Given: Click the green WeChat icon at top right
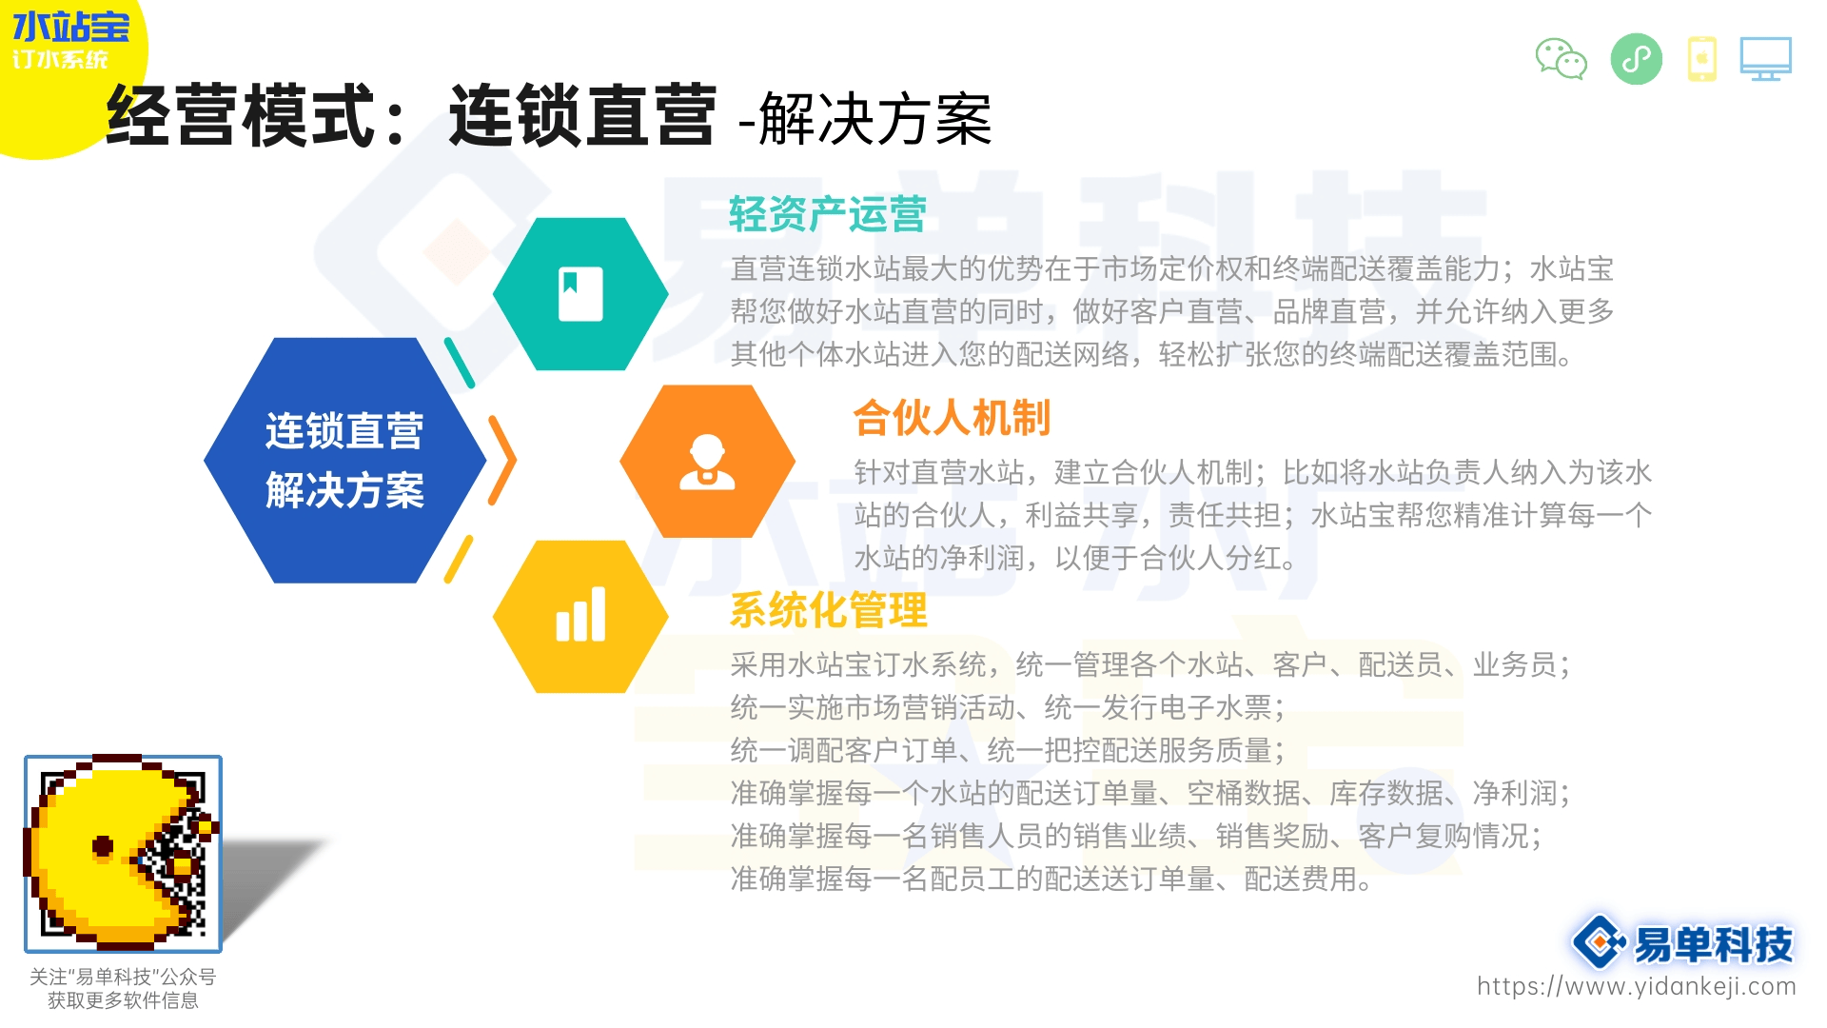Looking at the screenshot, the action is point(1562,59).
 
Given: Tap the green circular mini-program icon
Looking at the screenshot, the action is point(1637,59).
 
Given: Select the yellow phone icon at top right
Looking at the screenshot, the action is point(1701,59).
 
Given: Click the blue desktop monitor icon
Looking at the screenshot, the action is point(1766,59).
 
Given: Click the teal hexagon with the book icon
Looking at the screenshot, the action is point(580,294).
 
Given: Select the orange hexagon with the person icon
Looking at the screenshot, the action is point(707,462).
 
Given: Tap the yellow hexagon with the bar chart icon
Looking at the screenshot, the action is point(580,617).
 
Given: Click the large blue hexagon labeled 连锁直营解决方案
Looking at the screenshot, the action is point(345,461).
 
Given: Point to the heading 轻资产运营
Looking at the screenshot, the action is point(828,214).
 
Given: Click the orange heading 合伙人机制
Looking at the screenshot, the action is point(952,418).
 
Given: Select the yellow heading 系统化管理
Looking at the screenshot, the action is point(828,610).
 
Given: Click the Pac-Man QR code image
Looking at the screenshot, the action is point(123,854).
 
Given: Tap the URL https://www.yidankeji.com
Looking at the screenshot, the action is point(1637,986).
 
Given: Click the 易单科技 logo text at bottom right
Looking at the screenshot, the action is point(1713,944).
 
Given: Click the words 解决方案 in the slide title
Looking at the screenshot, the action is point(875,120).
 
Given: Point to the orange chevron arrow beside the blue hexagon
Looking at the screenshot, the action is point(502,461).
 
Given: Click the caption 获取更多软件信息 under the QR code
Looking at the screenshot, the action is point(123,1000).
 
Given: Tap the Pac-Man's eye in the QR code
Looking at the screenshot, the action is point(103,846).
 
